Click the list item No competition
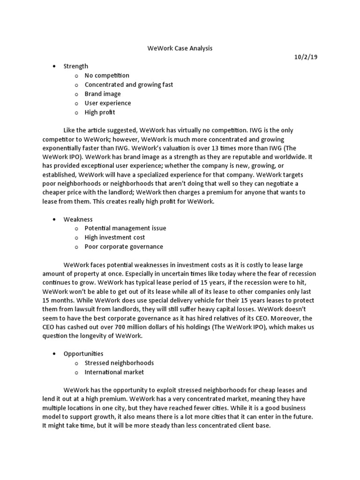(106, 75)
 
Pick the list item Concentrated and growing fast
(128, 85)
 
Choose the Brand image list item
(102, 94)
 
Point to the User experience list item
(107, 103)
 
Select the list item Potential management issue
(125, 228)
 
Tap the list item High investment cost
(114, 238)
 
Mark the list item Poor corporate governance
(124, 247)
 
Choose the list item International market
(114, 372)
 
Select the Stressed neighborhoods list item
(119, 363)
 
